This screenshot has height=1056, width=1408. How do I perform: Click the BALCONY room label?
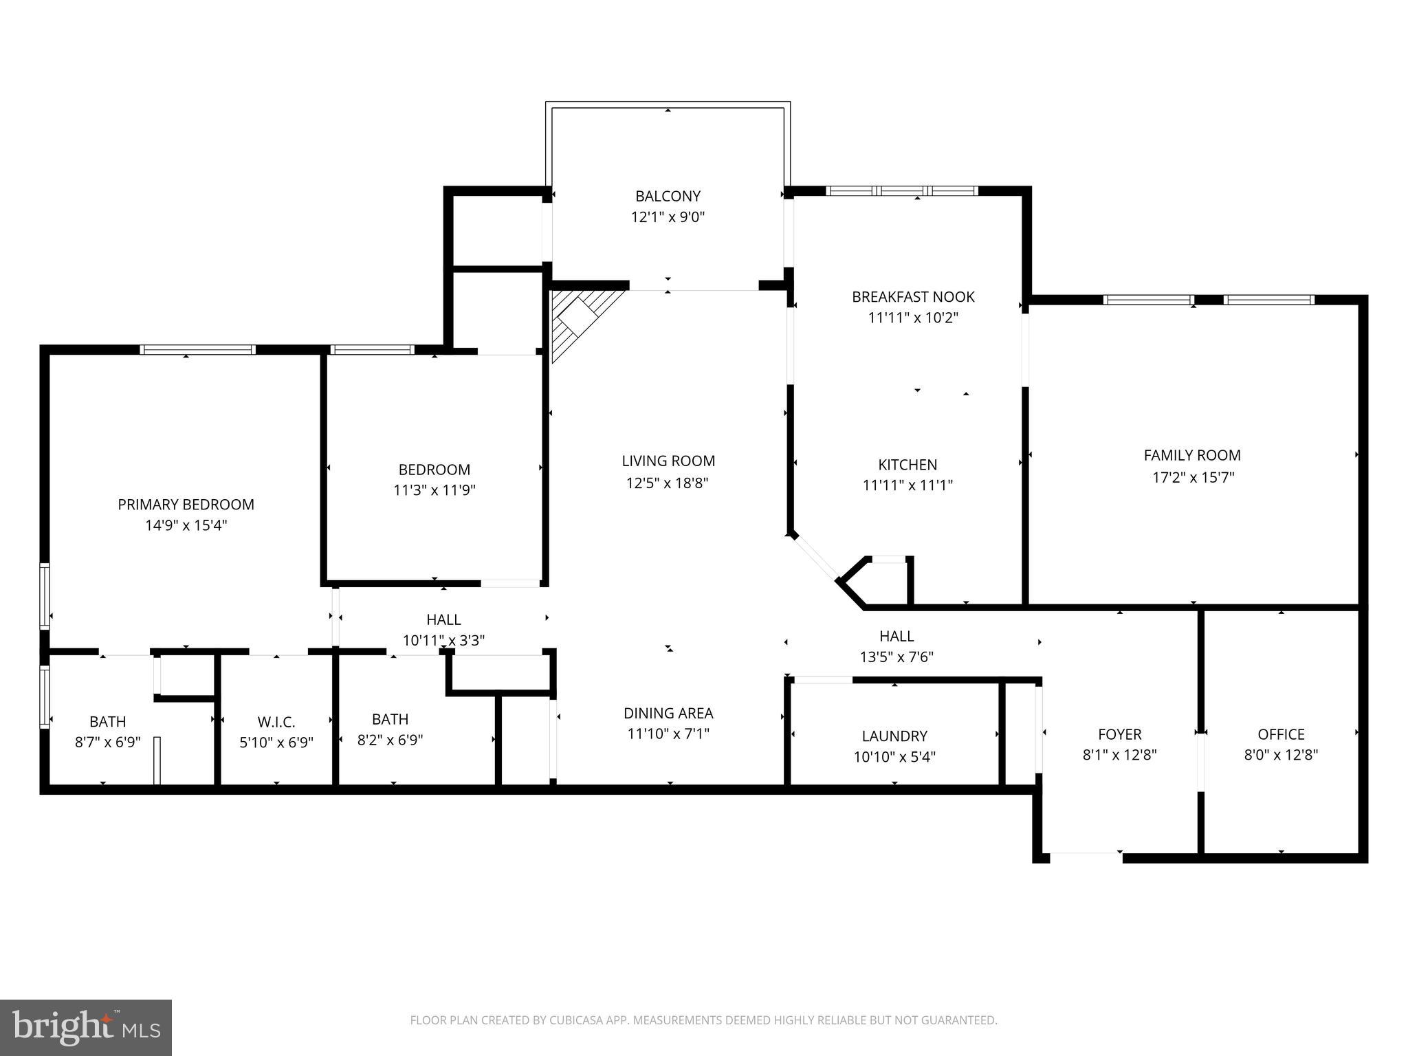[668, 196]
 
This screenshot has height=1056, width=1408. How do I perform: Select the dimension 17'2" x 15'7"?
[1193, 476]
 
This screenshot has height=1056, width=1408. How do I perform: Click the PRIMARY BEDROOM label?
[186, 505]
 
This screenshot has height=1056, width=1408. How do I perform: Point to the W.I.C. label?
[276, 722]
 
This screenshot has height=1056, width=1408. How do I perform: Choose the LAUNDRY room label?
[894, 736]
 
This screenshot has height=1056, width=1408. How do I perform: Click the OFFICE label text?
[1281, 734]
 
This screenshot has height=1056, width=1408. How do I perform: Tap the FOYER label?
[1119, 734]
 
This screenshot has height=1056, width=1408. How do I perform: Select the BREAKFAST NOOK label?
[913, 297]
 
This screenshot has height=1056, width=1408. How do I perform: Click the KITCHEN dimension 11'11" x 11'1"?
[907, 485]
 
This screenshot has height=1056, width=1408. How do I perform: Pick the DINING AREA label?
[668, 713]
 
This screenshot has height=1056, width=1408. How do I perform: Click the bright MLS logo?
[86, 1028]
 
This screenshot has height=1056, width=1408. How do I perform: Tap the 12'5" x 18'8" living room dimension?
[668, 483]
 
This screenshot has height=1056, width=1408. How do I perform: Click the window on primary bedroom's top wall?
[197, 349]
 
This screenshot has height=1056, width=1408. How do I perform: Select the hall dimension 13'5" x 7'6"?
[896, 657]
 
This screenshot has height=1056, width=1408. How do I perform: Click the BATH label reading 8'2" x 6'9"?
[390, 719]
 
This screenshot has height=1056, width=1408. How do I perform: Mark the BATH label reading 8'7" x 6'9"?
[107, 722]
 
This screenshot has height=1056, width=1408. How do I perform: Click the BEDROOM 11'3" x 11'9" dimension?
[434, 490]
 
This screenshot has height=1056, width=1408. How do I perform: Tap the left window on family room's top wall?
[1148, 300]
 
